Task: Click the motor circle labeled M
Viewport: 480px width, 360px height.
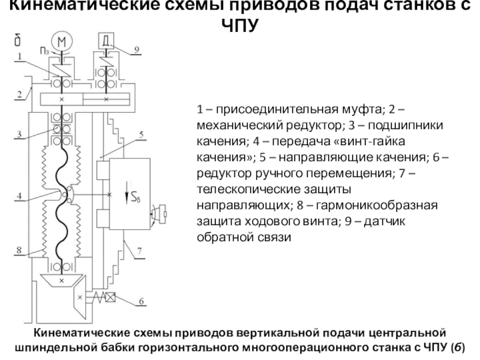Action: coord(61,41)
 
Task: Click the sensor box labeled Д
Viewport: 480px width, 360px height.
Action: coord(106,41)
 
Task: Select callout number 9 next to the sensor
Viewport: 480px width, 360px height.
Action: coord(136,49)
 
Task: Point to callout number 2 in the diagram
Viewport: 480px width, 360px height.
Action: coord(19,93)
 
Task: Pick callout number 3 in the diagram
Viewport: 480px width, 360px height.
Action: coord(19,134)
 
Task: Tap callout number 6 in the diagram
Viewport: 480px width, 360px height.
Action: coord(141,301)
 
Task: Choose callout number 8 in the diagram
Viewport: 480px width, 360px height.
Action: coord(19,250)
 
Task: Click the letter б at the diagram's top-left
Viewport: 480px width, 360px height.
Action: coord(19,40)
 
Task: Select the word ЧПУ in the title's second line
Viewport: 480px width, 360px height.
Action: coord(239,26)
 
